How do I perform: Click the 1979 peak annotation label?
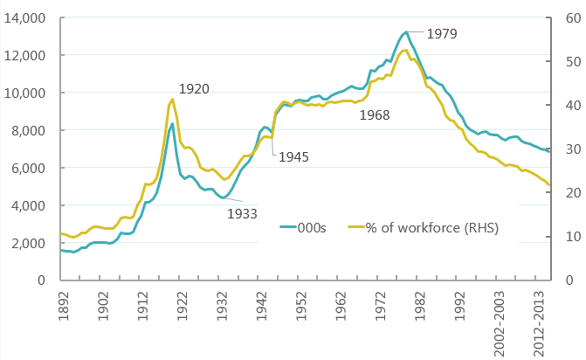click(x=442, y=34)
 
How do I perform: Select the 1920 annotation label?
click(x=194, y=89)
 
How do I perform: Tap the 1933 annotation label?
click(x=242, y=212)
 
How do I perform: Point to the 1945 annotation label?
click(x=293, y=158)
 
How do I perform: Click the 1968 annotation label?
click(x=375, y=114)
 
